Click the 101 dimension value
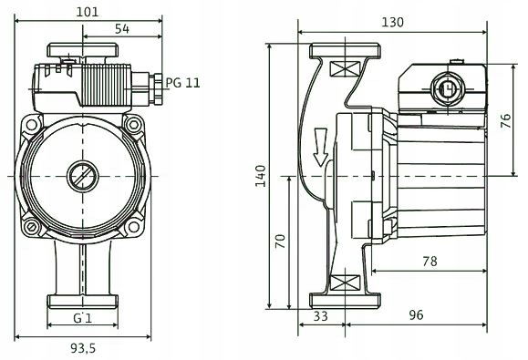[x=88, y=12]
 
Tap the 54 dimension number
[x=122, y=29]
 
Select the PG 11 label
[x=183, y=82]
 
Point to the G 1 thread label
[x=82, y=317]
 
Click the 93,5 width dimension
[x=83, y=348]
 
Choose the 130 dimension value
[x=392, y=22]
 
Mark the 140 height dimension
[x=260, y=176]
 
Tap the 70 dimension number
[x=280, y=242]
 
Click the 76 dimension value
[x=506, y=121]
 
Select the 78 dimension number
[x=430, y=261]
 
